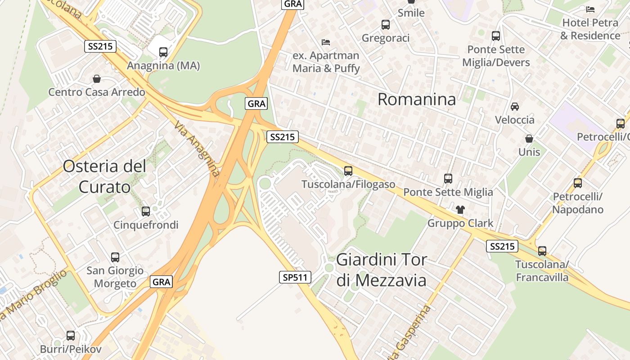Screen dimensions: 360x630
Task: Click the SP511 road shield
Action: [x=295, y=277]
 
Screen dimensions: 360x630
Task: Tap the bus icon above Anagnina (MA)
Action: [x=163, y=52]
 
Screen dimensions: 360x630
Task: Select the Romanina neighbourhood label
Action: [x=417, y=99]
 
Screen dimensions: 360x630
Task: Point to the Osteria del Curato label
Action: [x=105, y=176]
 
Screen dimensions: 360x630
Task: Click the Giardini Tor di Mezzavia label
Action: [x=382, y=270]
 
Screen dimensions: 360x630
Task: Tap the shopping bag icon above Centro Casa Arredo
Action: [x=97, y=79]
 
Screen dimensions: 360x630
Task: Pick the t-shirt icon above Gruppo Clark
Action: [x=460, y=209]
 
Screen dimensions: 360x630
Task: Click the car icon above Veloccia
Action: [x=515, y=107]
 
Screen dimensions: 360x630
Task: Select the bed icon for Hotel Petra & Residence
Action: [x=590, y=9]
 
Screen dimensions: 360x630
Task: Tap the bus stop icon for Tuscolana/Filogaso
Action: [x=348, y=171]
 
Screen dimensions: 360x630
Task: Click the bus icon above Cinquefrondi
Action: [x=146, y=211]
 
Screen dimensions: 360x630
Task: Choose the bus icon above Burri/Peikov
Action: [x=71, y=336]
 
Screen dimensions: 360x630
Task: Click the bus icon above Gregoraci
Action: [x=386, y=25]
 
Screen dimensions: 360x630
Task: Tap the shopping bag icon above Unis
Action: [x=529, y=139]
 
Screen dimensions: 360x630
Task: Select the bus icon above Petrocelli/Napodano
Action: [x=578, y=183]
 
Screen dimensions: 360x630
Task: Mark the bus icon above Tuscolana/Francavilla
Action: [x=542, y=251]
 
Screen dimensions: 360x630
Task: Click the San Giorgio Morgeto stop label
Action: [x=115, y=277]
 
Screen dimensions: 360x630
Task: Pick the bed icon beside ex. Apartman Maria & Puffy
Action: [x=326, y=42]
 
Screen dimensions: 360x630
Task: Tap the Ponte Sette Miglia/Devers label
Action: [x=496, y=56]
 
